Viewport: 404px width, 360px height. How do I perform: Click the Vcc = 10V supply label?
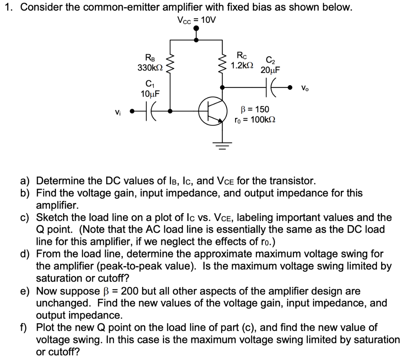coord(196,20)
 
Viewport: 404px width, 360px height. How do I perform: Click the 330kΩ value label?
coord(148,68)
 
